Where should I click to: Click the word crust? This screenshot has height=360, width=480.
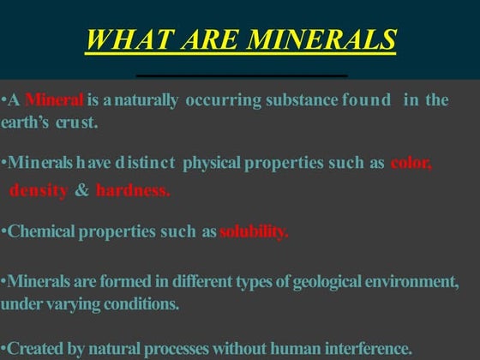[x=80, y=123]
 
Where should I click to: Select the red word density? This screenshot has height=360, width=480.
[x=38, y=189]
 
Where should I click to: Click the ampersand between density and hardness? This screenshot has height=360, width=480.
[x=82, y=189]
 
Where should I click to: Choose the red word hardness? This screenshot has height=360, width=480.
[x=133, y=189]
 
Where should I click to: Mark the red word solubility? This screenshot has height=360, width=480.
[x=254, y=231]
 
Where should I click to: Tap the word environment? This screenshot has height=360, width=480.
[x=411, y=282]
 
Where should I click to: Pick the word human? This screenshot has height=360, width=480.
[x=291, y=348]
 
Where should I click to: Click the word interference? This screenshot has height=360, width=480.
[x=369, y=348]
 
